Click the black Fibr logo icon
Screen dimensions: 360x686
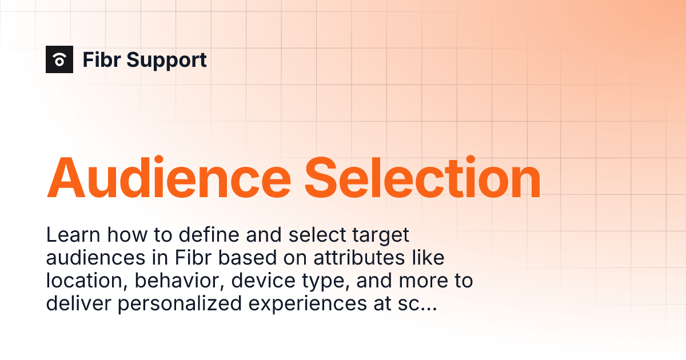[59, 59]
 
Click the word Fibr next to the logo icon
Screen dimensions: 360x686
[103, 59]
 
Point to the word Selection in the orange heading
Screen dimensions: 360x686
[422, 178]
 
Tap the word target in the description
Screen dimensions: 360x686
[381, 235]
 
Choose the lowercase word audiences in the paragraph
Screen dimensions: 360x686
[95, 258]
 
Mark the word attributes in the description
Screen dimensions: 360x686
[352, 258]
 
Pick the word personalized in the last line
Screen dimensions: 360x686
[180, 305]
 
